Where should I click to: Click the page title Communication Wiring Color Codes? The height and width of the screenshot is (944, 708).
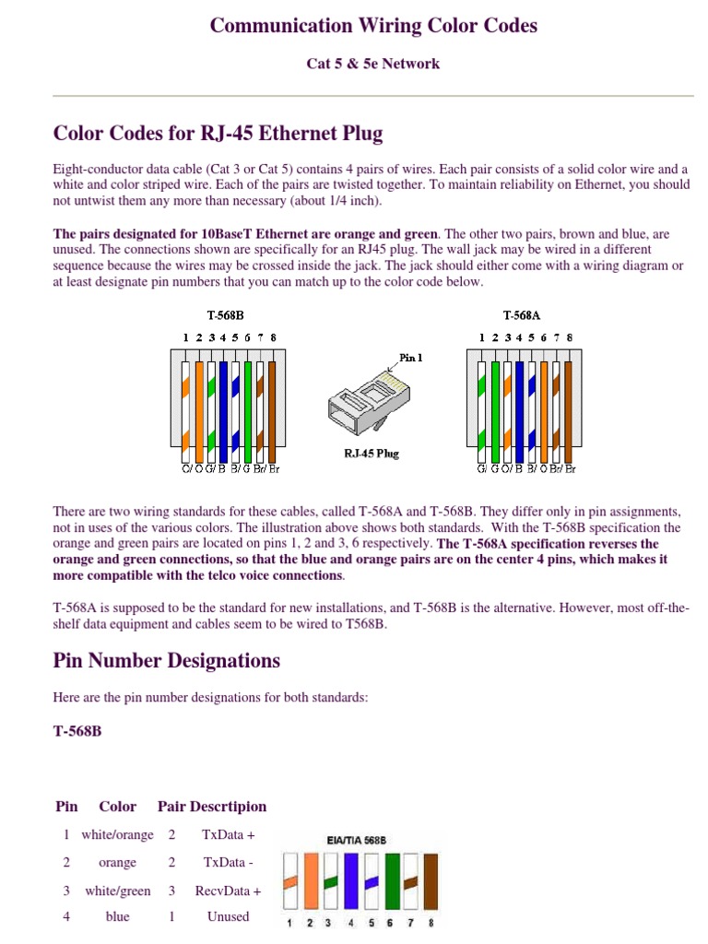pos(373,25)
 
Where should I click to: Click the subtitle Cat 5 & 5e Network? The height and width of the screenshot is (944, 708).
pos(372,64)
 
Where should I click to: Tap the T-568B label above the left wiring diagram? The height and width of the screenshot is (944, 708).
pos(225,315)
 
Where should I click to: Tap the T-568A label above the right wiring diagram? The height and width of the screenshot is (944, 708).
pos(522,315)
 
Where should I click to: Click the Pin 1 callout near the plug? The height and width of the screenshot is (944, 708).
pos(410,358)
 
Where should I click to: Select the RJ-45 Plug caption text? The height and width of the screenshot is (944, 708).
pos(372,453)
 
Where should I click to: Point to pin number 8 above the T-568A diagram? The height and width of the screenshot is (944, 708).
pos(570,337)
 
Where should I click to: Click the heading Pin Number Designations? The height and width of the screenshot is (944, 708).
pos(167,660)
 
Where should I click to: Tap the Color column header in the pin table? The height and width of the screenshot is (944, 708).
pos(117,806)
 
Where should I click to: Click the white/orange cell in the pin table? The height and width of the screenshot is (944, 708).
pos(117,834)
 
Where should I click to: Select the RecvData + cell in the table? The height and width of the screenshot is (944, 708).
pos(229,891)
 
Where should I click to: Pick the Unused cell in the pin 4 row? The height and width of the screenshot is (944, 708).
pos(229,916)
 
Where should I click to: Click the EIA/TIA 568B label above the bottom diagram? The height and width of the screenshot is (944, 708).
pos(357,840)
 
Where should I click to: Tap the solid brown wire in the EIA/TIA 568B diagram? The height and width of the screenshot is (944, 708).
pos(431,881)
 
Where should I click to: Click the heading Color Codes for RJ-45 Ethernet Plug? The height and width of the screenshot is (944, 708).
pos(218,133)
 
